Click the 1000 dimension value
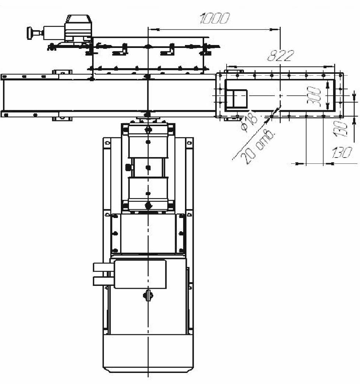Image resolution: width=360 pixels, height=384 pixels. [215, 18]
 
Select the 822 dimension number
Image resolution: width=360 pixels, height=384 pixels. [280, 56]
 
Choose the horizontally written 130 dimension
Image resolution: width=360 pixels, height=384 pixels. [342, 153]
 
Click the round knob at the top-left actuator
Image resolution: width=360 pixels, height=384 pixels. [29, 33]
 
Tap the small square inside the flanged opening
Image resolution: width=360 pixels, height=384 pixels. [236, 98]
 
